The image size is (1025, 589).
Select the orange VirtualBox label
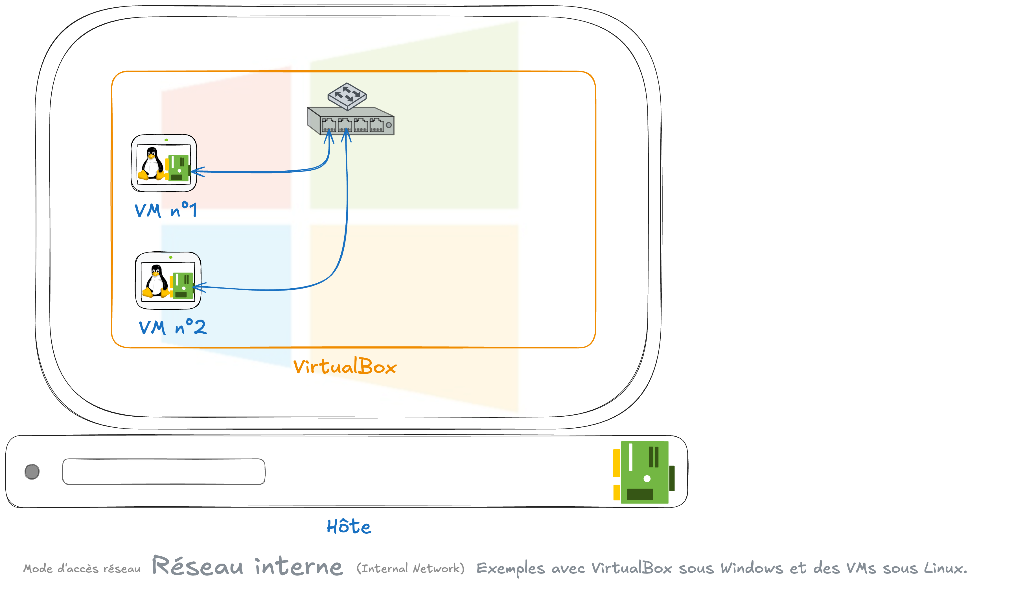coord(345,366)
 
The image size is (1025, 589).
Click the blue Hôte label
coord(349,527)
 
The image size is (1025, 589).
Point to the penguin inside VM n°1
coord(151,164)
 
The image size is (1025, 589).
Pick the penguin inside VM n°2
coord(155,281)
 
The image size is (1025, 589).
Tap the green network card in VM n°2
coord(183,285)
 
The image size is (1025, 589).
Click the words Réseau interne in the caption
coord(247,566)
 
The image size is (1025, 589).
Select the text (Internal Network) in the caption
coord(410,568)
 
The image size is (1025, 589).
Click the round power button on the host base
coord(32,472)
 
